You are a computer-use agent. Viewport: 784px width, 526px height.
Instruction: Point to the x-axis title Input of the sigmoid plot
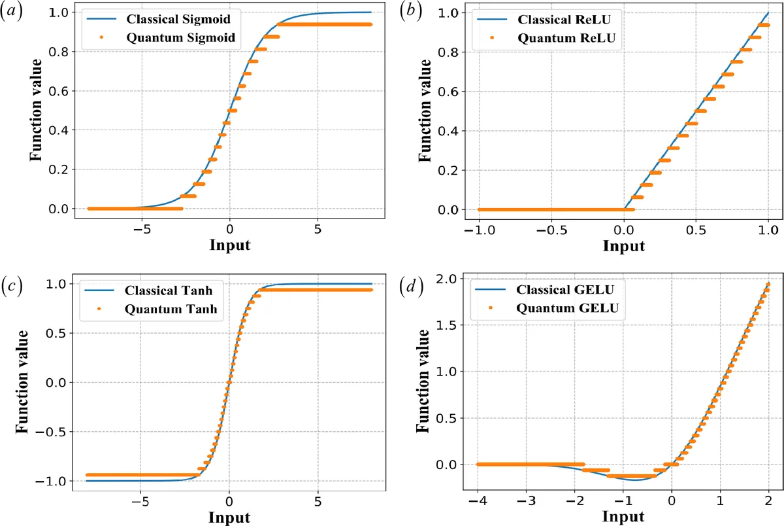229,246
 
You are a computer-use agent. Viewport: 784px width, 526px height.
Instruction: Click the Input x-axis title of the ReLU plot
623,246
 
